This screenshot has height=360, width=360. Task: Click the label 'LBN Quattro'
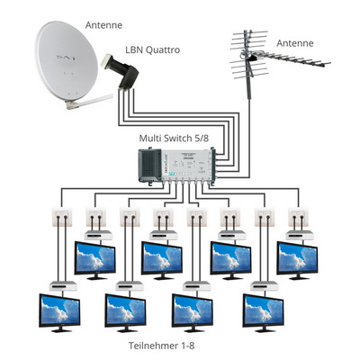coord(153,49)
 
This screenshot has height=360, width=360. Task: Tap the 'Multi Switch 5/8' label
coord(174,139)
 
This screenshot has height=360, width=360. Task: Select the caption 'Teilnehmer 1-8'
coord(162,346)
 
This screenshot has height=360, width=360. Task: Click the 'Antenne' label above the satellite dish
coord(103,25)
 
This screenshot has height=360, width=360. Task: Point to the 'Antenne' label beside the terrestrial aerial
coord(295,43)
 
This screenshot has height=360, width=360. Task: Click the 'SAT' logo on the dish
coord(67,57)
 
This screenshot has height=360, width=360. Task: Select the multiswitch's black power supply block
coord(149,166)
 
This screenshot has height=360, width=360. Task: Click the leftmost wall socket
coord(62,218)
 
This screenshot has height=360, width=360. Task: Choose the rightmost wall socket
coord(298,218)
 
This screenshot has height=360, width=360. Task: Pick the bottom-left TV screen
coord(59,312)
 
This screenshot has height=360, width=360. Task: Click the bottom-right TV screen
coord(264,312)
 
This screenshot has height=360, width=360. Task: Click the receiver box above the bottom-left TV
coord(63,286)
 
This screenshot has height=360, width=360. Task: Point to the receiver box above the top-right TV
coord(300,236)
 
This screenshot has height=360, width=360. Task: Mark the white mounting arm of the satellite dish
coord(89,103)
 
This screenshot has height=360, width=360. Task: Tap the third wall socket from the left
coord(130,218)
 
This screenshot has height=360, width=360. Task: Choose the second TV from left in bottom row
coord(125,312)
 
